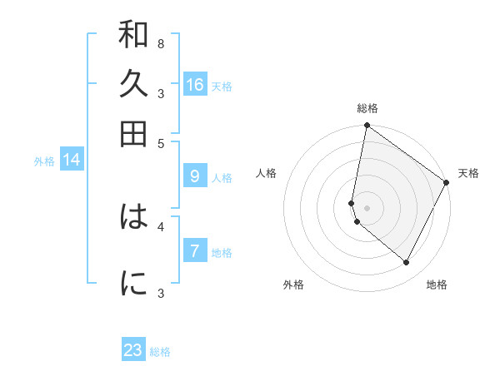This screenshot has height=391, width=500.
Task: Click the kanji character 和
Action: point(133,34)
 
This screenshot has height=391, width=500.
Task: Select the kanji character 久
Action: point(133,83)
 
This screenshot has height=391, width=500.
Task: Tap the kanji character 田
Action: point(133,134)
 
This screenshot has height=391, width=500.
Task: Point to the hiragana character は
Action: point(133,216)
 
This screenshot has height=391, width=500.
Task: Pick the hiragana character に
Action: point(133,283)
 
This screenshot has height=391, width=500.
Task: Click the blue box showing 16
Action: point(195,84)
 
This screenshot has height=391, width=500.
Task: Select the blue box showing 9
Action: point(195,176)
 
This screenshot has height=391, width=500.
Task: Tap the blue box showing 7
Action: point(195,250)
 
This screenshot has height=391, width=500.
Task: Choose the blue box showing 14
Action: point(72,159)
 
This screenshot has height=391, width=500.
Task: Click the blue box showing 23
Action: point(133,349)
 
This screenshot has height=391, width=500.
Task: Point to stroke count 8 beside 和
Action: point(161,44)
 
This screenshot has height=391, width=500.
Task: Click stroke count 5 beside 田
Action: point(161,144)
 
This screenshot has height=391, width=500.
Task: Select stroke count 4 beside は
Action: point(161,227)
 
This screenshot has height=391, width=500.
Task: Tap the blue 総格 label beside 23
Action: point(160,352)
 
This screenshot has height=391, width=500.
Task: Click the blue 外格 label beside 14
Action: point(44,161)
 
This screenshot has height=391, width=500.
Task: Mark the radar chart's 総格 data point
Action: point(367,125)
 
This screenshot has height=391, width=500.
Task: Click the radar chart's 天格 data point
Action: point(446,182)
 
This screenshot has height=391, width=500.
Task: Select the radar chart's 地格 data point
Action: point(406,262)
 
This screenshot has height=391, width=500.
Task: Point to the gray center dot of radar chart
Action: point(367,208)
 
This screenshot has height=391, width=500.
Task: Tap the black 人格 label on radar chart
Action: point(266,173)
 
